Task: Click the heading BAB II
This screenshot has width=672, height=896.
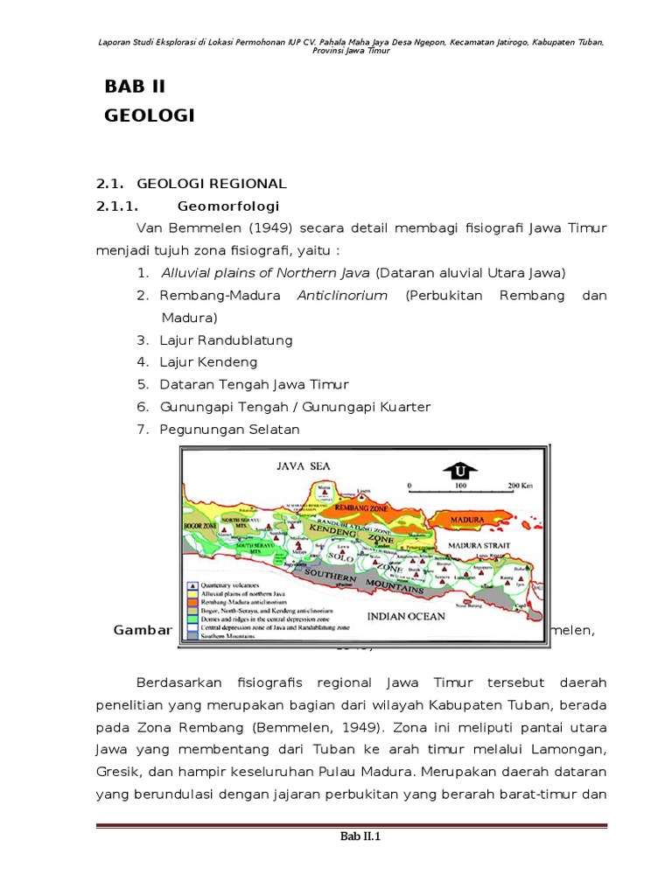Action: (x=135, y=86)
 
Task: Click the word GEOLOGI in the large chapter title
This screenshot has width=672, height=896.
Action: (x=150, y=115)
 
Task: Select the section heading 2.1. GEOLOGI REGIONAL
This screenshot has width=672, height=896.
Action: (x=191, y=183)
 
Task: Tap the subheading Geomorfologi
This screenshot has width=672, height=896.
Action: (x=227, y=206)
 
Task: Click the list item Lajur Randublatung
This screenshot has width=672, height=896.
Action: (x=226, y=339)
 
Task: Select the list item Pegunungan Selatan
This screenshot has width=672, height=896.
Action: (x=229, y=430)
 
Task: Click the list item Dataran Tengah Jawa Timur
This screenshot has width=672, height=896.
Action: (x=254, y=385)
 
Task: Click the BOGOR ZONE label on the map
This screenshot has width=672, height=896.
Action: (x=199, y=525)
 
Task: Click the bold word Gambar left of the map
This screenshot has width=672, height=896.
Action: (x=144, y=632)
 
